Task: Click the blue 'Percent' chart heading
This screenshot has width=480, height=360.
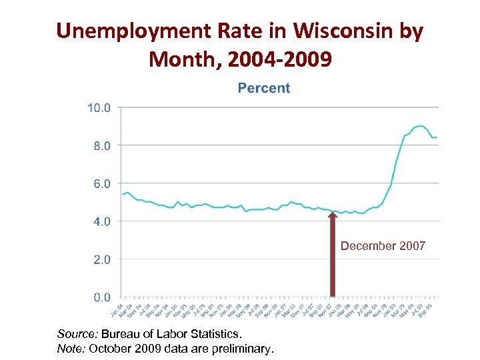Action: [x=264, y=88]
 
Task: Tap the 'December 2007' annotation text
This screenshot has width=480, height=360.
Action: [x=383, y=246]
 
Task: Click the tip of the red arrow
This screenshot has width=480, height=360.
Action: [x=333, y=213]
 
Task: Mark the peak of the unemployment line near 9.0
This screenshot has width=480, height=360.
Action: [x=419, y=125]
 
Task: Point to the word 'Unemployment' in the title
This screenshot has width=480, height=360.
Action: [x=131, y=31]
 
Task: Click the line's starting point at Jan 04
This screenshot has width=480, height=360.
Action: [x=123, y=194]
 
